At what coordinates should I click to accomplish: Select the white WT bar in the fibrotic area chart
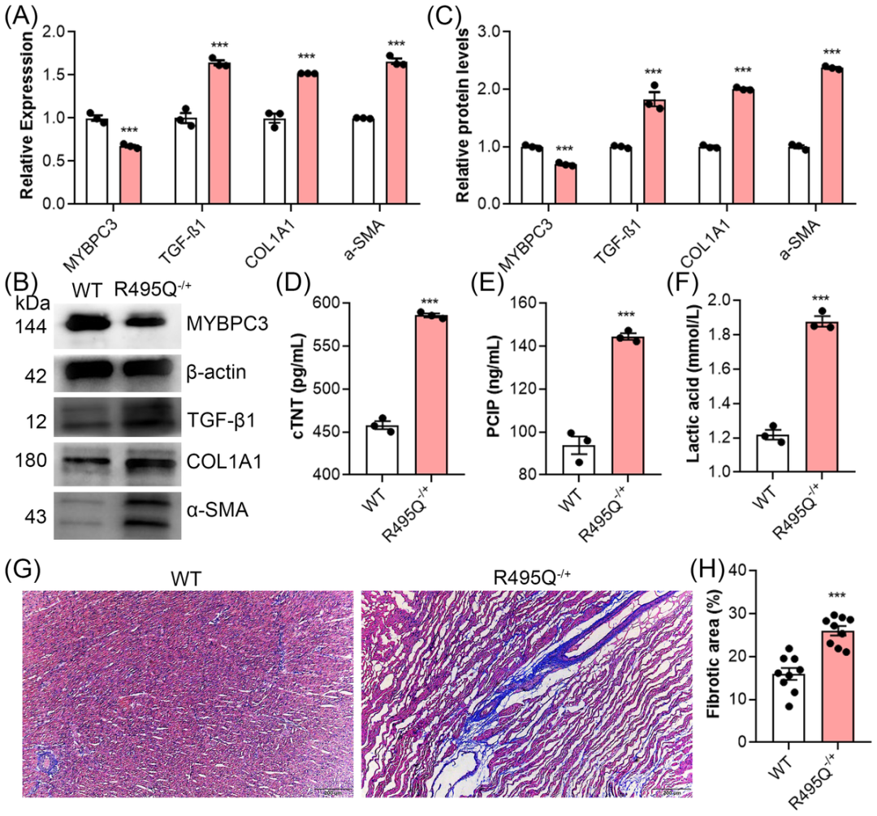click(788, 707)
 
